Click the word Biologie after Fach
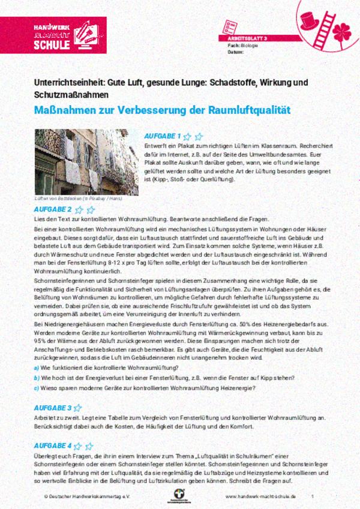pos(251,45)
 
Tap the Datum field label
pos(235,51)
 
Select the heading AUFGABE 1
pos(162,136)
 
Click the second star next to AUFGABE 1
pos(198,137)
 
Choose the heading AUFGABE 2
pos(53,209)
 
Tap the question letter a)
pos(37,367)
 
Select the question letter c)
pos(37,387)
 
